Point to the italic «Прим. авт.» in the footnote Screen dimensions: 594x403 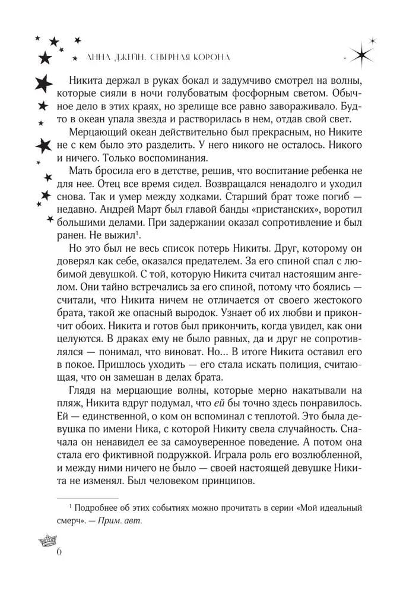coord(126,520)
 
